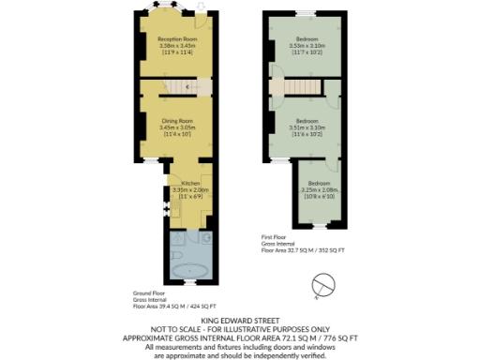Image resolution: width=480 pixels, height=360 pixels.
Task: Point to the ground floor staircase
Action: point(193,88)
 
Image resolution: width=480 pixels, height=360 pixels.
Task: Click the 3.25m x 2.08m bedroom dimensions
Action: point(319,190)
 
